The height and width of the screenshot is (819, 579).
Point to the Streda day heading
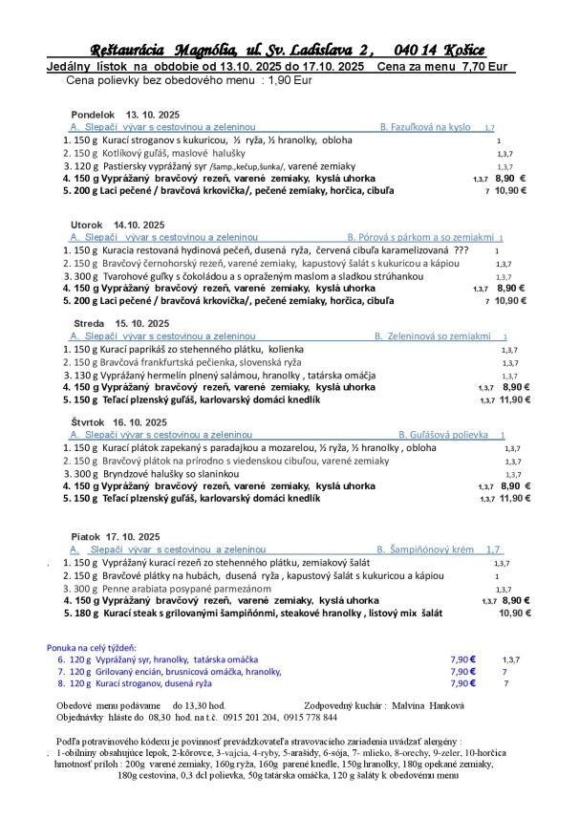tap(89, 324)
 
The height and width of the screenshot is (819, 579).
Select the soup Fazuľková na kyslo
tap(424, 127)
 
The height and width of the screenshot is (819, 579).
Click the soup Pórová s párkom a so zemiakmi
tap(420, 237)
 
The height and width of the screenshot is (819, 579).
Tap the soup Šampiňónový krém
tap(423, 550)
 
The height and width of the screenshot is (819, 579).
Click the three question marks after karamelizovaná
tap(461, 249)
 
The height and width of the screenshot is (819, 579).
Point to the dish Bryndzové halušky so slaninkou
tap(157, 473)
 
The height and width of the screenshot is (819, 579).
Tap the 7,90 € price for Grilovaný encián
tap(463, 672)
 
